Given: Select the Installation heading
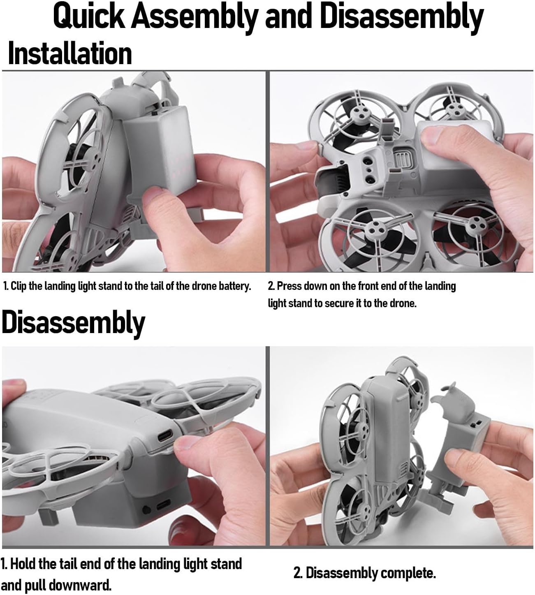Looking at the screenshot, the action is coord(70,54).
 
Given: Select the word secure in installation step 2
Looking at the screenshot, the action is coord(339,303).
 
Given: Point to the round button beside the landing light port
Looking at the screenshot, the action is coord(146,509).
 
